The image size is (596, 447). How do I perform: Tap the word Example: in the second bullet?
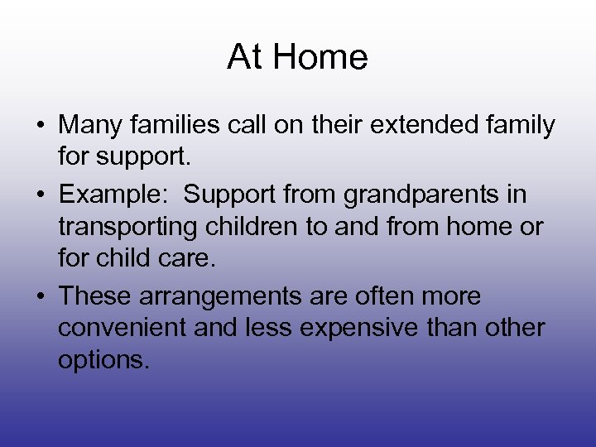coord(116,194)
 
